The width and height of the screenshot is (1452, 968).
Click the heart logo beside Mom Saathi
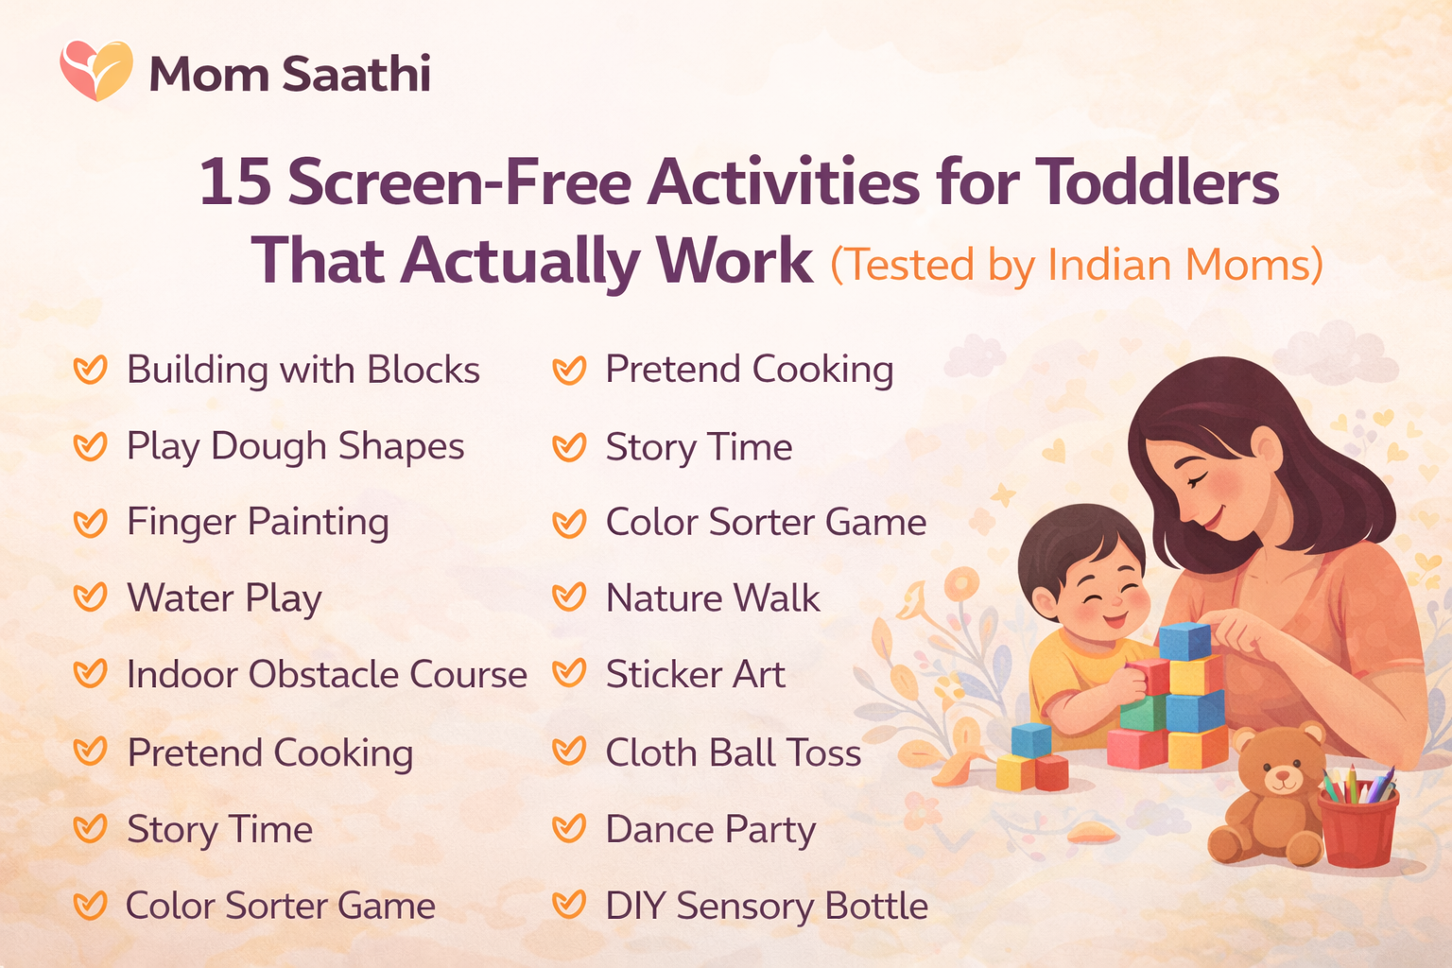click(96, 70)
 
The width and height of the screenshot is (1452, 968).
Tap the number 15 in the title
click(234, 182)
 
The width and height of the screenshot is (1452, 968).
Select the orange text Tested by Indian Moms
click(1076, 265)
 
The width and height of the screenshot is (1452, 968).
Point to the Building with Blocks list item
click(302, 371)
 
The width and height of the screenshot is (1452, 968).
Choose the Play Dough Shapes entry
click(295, 447)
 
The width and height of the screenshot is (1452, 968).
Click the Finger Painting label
click(257, 523)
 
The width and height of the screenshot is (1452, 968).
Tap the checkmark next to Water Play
click(91, 597)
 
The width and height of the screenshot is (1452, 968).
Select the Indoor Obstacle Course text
click(326, 675)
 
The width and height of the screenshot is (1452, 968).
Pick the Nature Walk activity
click(713, 598)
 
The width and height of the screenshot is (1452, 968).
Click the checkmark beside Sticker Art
click(569, 674)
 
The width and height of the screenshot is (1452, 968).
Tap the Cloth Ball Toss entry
click(733, 753)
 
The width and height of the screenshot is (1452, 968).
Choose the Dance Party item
click(710, 830)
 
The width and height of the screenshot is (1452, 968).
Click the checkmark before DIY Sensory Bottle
click(569, 906)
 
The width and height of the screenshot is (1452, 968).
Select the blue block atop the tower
click(1184, 641)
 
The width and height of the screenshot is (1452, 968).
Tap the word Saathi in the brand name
click(356, 74)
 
